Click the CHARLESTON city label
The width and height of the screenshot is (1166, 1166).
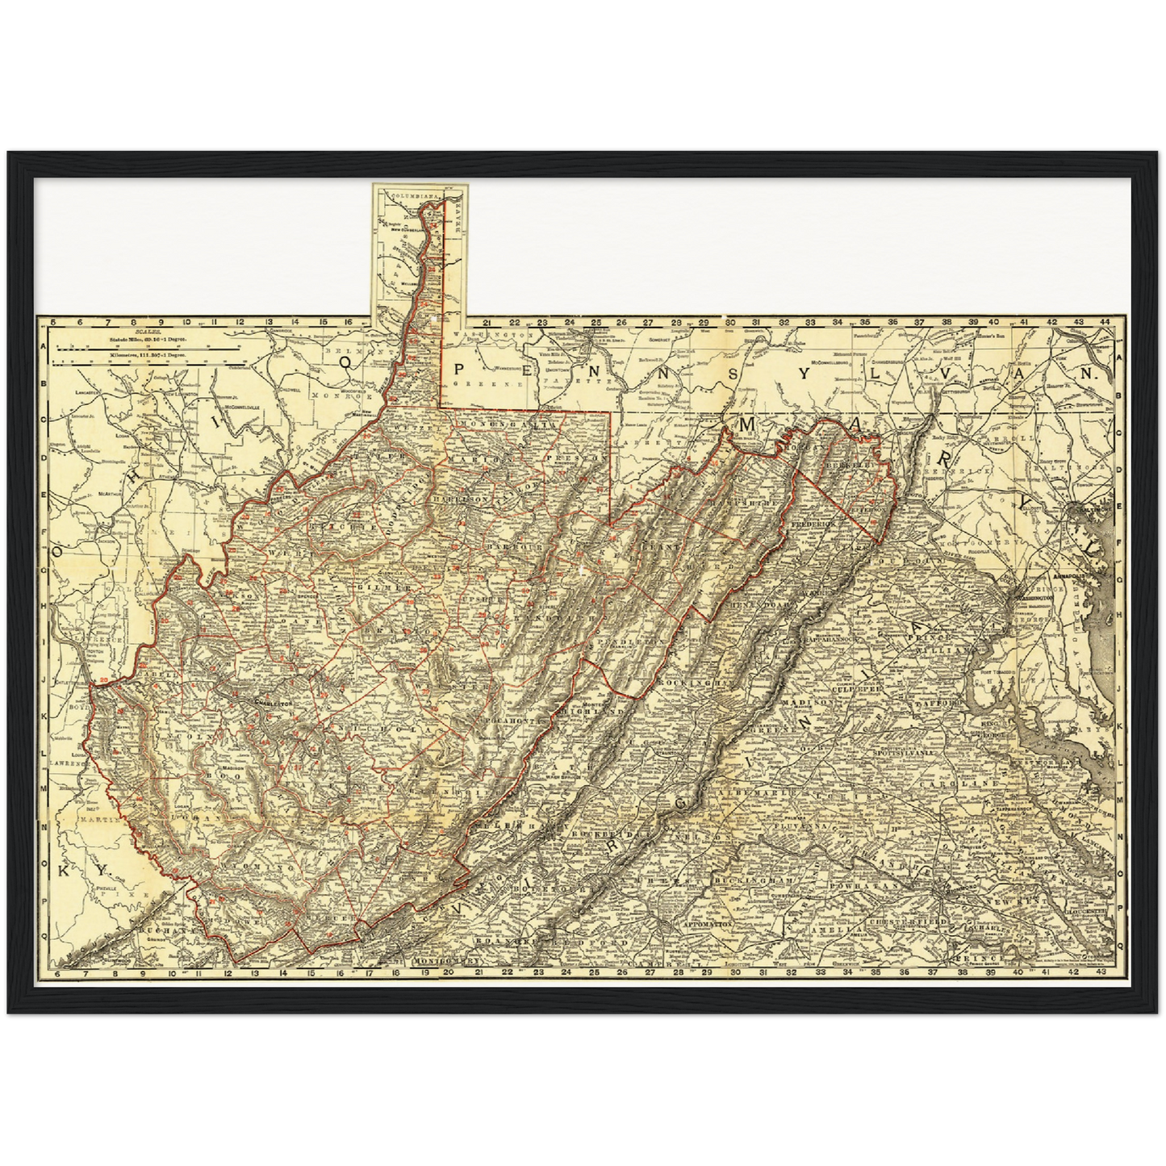coord(272,704)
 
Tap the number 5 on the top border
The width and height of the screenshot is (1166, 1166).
coord(52,321)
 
